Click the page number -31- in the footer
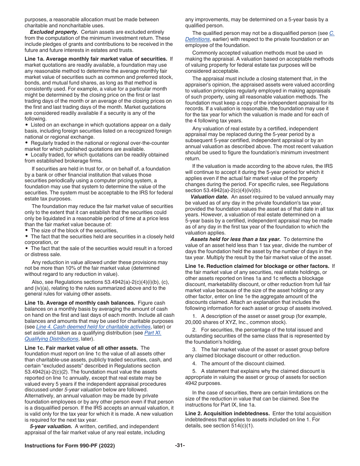(x=180, y=445)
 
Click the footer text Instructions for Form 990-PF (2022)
(x=70, y=445)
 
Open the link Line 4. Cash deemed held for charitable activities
(x=93, y=327)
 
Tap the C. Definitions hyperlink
(x=197, y=39)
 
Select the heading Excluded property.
(x=54, y=32)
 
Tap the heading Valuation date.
(x=209, y=197)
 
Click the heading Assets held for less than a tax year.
(x=235, y=239)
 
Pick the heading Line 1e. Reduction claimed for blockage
(x=257, y=266)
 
